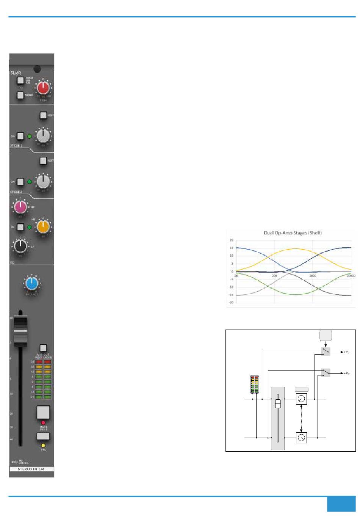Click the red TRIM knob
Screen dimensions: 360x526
pyautogui.click(x=43, y=88)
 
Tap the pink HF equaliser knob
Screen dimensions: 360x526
pyautogui.click(x=20, y=207)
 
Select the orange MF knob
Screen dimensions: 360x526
pyautogui.click(x=43, y=227)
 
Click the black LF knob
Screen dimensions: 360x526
pyautogui.click(x=20, y=245)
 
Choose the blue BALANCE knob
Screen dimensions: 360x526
pyautogui.click(x=32, y=283)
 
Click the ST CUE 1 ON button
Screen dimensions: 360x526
pyautogui.click(x=20, y=136)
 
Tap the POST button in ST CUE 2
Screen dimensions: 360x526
pyautogui.click(x=43, y=161)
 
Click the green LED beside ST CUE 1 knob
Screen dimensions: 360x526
pyautogui.click(x=30, y=136)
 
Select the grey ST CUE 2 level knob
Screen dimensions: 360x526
pyautogui.click(x=43, y=181)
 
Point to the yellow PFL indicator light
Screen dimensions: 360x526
pyautogui.click(x=43, y=445)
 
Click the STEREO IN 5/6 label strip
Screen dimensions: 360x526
pyautogui.click(x=32, y=469)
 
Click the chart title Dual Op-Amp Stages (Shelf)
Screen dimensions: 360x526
pyautogui.click(x=293, y=232)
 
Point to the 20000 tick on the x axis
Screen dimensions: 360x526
pyautogui.click(x=351, y=276)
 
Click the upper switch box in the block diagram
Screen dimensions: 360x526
pyautogui.click(x=325, y=352)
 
